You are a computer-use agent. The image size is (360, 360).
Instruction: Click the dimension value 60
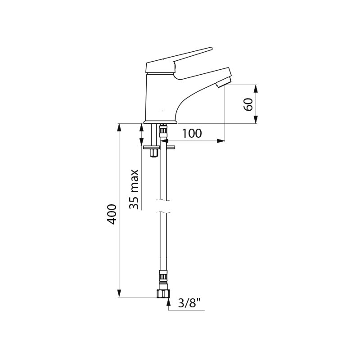click(248, 104)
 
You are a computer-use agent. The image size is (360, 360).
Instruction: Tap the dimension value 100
click(192, 133)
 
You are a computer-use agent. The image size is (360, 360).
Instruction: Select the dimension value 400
click(112, 214)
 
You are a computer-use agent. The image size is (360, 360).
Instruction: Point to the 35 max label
click(134, 189)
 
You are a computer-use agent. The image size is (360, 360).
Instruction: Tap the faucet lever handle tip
click(211, 49)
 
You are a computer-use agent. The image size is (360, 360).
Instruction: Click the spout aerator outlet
click(223, 82)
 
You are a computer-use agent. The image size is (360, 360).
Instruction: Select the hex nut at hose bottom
click(163, 294)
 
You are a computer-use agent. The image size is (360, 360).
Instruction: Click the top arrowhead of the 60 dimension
click(256, 89)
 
